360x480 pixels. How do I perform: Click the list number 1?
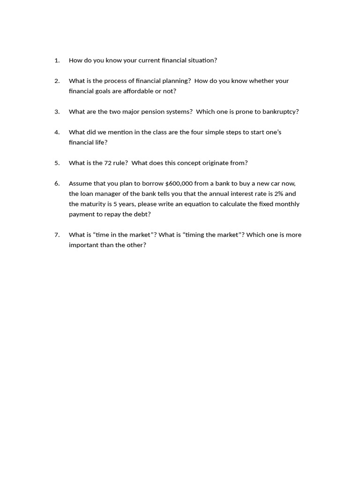(57, 60)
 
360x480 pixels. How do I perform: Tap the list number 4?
(57, 132)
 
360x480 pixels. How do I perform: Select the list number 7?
(57, 235)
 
